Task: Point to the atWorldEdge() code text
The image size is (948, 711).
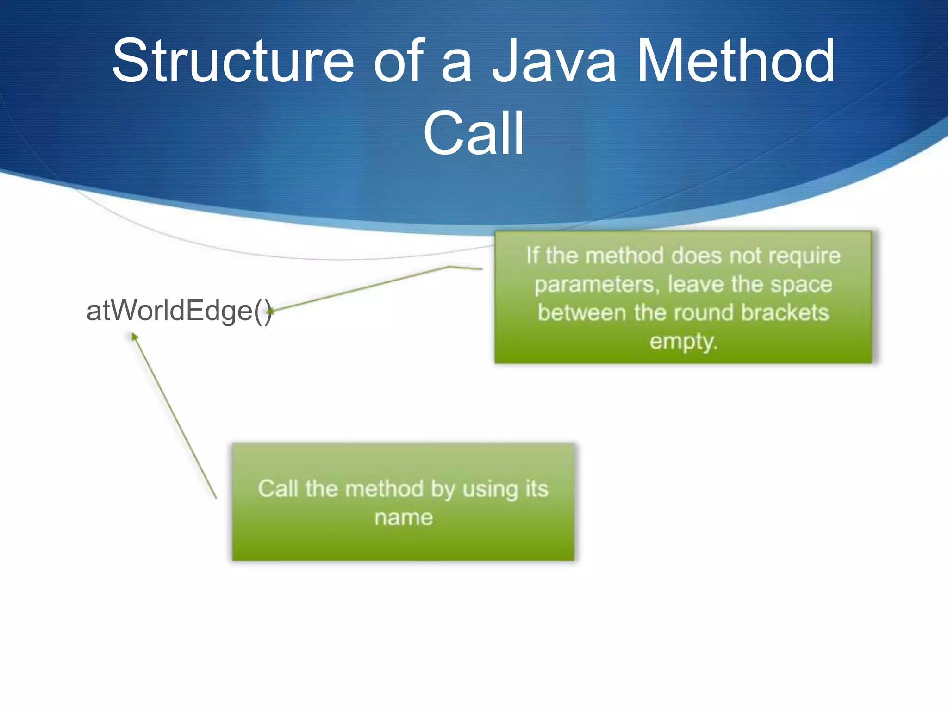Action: tap(179, 311)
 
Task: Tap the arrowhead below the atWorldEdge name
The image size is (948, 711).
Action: tap(134, 336)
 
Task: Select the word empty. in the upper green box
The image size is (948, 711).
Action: tap(683, 342)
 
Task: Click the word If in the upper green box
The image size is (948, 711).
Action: tap(533, 256)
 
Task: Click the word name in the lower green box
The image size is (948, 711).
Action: tap(404, 518)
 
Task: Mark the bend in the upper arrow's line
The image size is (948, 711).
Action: tap(449, 267)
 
